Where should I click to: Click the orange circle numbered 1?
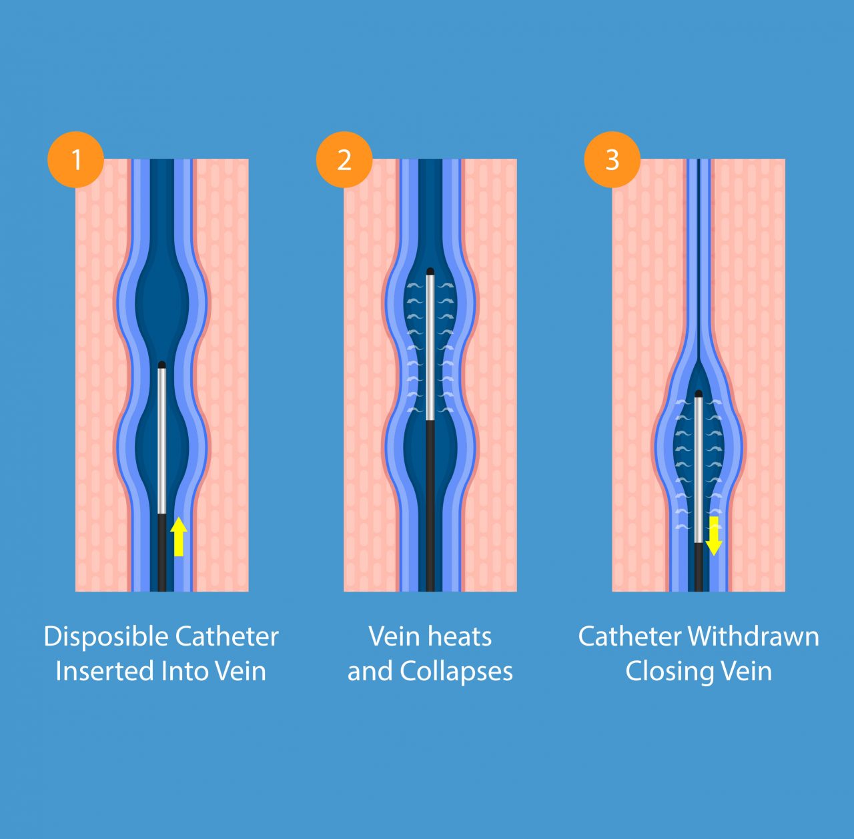click(x=76, y=160)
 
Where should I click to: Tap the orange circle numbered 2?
click(x=344, y=160)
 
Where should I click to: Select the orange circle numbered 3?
click(x=612, y=160)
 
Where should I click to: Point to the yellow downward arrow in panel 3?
click(x=714, y=536)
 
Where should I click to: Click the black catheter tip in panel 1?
click(x=161, y=365)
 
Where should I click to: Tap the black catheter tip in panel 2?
click(x=430, y=271)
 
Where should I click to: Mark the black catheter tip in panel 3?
click(x=699, y=393)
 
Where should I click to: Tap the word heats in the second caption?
click(x=459, y=636)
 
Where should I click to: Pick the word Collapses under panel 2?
click(x=456, y=672)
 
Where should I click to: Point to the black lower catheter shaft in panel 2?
click(x=430, y=507)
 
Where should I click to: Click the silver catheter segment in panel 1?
click(x=161, y=440)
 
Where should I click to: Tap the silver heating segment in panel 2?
click(x=430, y=347)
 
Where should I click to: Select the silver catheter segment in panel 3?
click(x=699, y=467)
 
